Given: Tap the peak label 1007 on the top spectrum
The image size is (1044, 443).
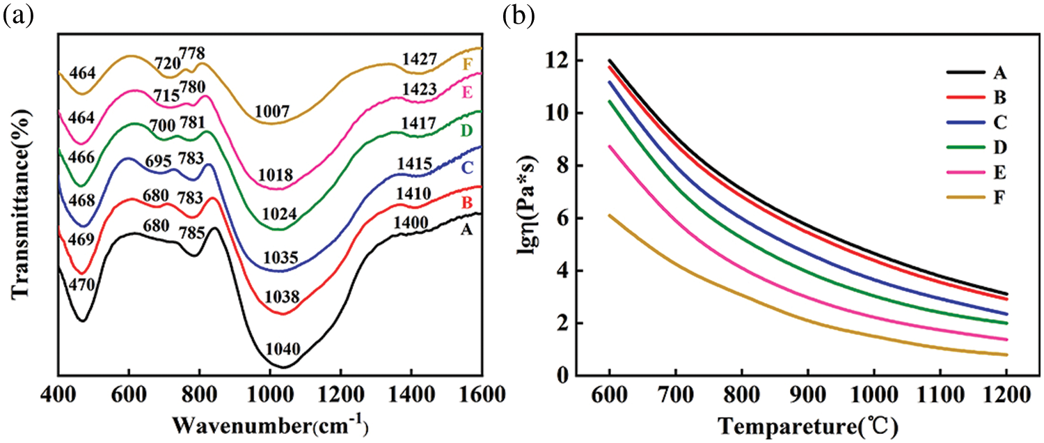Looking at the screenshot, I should click(x=272, y=111).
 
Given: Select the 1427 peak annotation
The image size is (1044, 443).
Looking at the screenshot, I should click(x=419, y=61).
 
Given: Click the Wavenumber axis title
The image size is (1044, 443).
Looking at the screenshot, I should click(x=271, y=424).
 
